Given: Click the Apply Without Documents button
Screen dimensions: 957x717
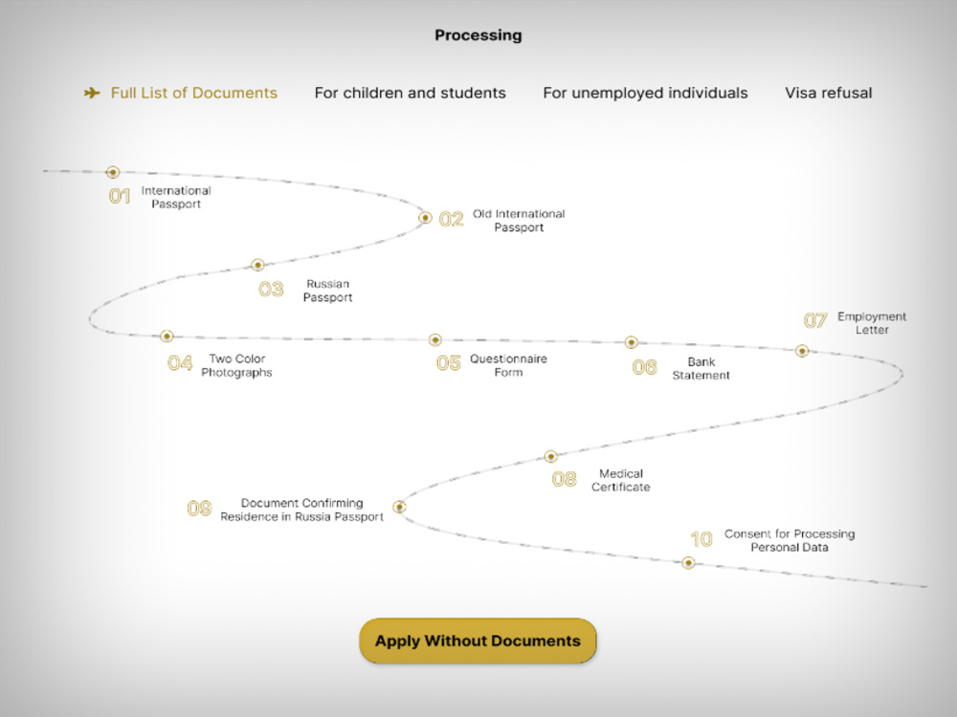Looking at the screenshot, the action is (478, 641).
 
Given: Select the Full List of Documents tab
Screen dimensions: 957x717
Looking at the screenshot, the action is (193, 93).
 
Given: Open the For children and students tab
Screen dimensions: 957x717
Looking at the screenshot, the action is (411, 93).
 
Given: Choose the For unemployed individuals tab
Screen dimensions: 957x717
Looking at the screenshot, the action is (645, 93).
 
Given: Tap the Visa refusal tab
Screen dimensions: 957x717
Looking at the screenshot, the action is (828, 93).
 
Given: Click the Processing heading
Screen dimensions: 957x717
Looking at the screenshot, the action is (478, 35).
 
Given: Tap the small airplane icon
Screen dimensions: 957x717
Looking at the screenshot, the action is (92, 93).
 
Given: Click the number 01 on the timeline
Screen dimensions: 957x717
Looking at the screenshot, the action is (120, 196).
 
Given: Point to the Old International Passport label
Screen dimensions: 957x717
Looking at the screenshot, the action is (519, 221).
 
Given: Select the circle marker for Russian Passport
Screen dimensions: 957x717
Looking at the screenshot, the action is (257, 265).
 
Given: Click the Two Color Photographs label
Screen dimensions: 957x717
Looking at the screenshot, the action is (236, 365).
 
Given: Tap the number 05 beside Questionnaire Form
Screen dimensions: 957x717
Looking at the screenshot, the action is (449, 363).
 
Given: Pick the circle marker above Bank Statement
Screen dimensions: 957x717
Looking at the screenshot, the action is (631, 342).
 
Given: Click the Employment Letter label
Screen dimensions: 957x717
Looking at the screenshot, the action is (872, 323).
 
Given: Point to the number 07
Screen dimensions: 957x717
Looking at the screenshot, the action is (814, 320).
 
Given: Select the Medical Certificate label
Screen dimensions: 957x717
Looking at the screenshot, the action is (621, 481).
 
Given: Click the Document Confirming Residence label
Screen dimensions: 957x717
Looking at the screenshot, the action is (302, 510).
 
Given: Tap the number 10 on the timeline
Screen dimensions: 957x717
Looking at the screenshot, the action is (701, 539).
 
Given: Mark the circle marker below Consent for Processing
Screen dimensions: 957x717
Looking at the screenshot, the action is (688, 563).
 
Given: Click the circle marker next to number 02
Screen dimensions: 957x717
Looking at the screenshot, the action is (425, 218).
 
